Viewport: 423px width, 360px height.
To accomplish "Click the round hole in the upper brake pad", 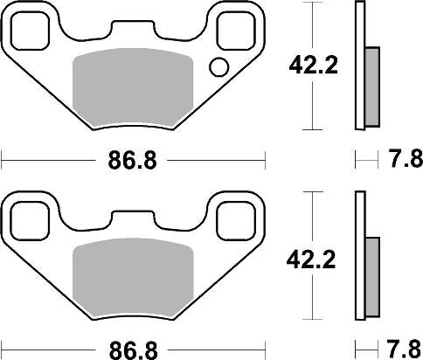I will pyautogui.click(x=218, y=66).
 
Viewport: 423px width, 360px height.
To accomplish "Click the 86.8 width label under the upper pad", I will pyautogui.click(x=132, y=161).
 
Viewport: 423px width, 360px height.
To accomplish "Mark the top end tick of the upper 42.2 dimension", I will pyautogui.click(x=312, y=3).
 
